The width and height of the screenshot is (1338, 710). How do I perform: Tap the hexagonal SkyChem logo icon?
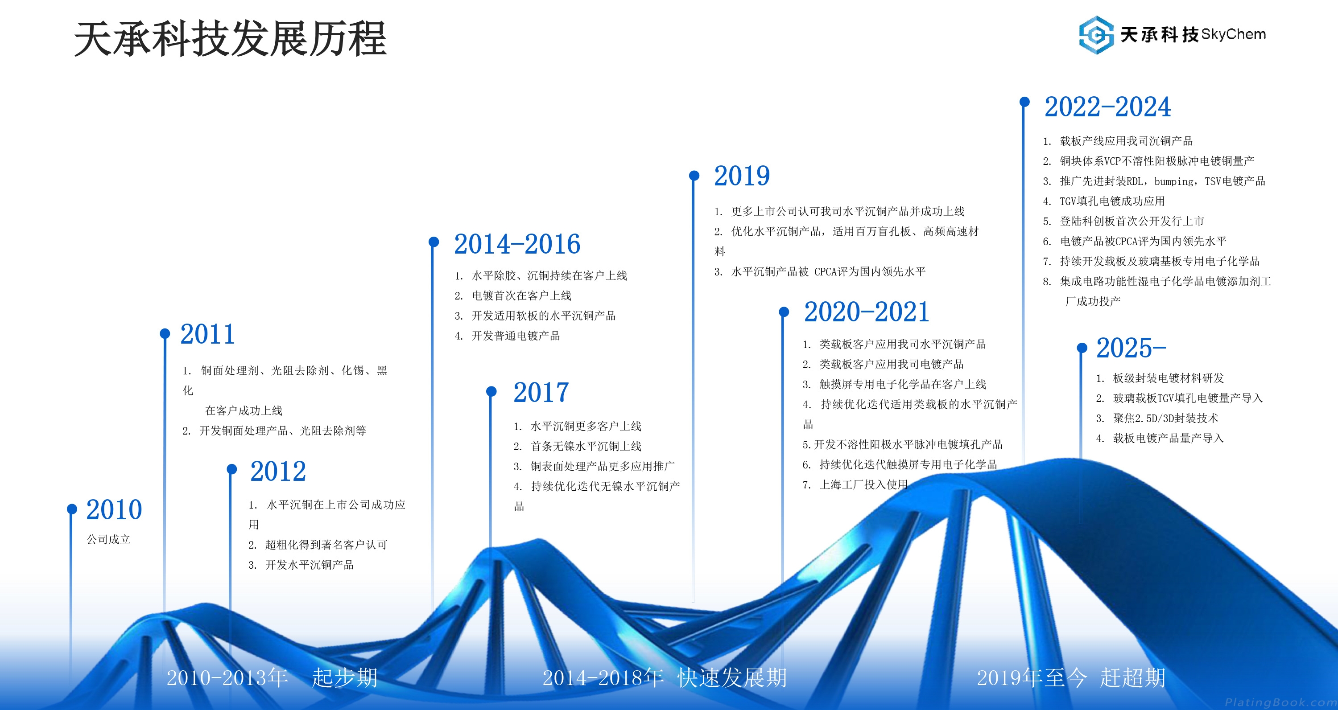point(1096,35)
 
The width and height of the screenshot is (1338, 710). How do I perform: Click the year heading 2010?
point(114,510)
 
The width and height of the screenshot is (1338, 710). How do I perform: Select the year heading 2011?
point(208,334)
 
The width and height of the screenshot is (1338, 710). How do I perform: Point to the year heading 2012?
point(278,471)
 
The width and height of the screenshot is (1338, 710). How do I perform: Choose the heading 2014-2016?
point(517,244)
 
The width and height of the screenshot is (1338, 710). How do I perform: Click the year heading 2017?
point(541,392)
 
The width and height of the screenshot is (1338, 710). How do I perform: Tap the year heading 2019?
point(742,176)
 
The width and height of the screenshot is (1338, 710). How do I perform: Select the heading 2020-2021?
point(867,312)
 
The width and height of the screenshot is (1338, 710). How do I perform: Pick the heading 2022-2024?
point(1108,107)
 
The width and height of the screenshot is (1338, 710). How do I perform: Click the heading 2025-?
point(1131,348)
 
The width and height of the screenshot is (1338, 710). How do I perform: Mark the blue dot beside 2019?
point(694,176)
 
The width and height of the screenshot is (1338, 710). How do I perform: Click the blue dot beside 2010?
point(72,509)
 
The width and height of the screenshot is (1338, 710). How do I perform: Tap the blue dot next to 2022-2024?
point(1024,102)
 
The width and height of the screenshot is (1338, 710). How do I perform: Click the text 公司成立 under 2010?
point(108,539)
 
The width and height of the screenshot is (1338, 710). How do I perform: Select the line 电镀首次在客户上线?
point(521,295)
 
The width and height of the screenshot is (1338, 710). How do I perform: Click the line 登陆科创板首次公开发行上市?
point(1132,221)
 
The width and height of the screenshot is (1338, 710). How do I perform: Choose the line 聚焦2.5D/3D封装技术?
point(1165,418)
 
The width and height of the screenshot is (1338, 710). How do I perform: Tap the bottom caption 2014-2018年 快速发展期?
point(665,677)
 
